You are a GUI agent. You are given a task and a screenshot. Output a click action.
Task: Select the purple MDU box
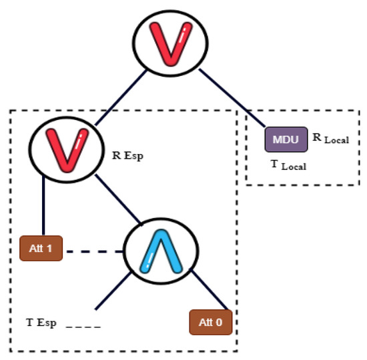click(x=286, y=140)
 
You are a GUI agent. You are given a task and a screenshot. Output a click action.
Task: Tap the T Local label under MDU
click(x=288, y=165)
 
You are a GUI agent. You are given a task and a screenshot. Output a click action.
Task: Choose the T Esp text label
click(x=41, y=323)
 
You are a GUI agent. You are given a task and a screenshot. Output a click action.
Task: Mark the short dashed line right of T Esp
click(x=84, y=326)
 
